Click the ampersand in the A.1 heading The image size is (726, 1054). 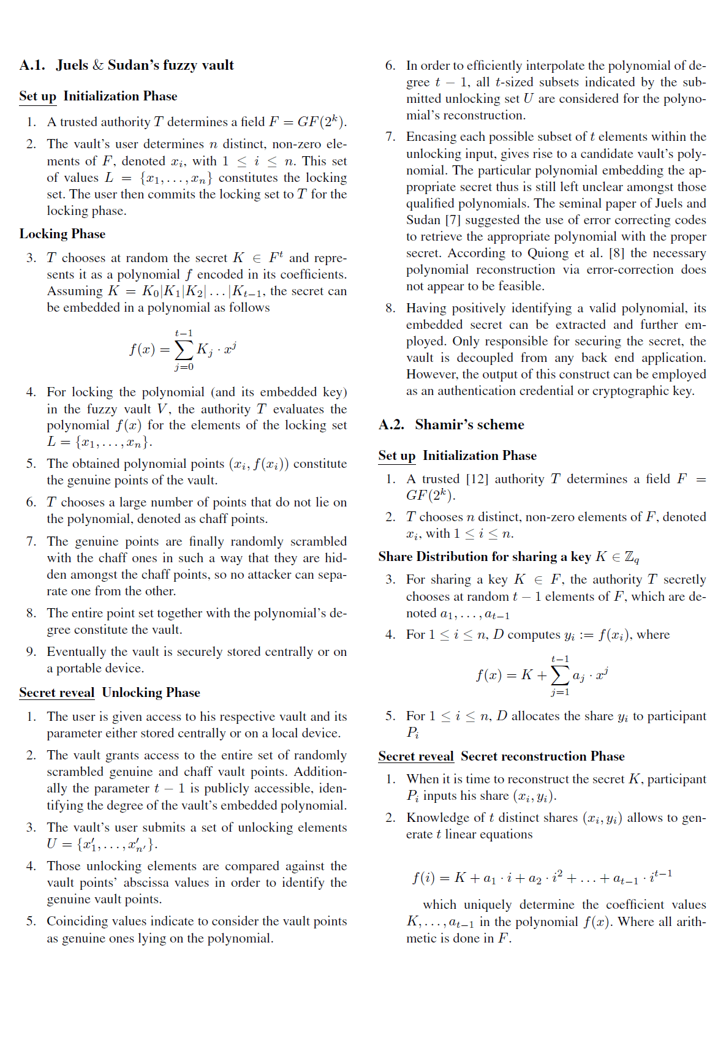tap(98, 66)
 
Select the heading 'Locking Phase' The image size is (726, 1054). tap(62, 234)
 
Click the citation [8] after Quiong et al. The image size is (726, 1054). tap(616, 253)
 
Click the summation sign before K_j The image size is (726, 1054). tap(184, 350)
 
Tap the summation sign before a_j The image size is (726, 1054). tap(560, 676)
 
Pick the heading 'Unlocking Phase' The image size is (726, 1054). tap(151, 693)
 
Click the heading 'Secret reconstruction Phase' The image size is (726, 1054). tap(542, 756)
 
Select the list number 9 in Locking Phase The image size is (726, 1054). tap(31, 652)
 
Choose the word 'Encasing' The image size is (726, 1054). tap(431, 137)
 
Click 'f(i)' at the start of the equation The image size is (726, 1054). tap(423, 878)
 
